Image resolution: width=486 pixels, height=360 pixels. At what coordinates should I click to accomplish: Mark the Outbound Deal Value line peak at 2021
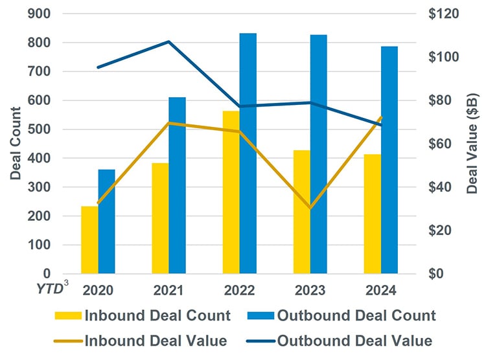pyautogui.click(x=168, y=41)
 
